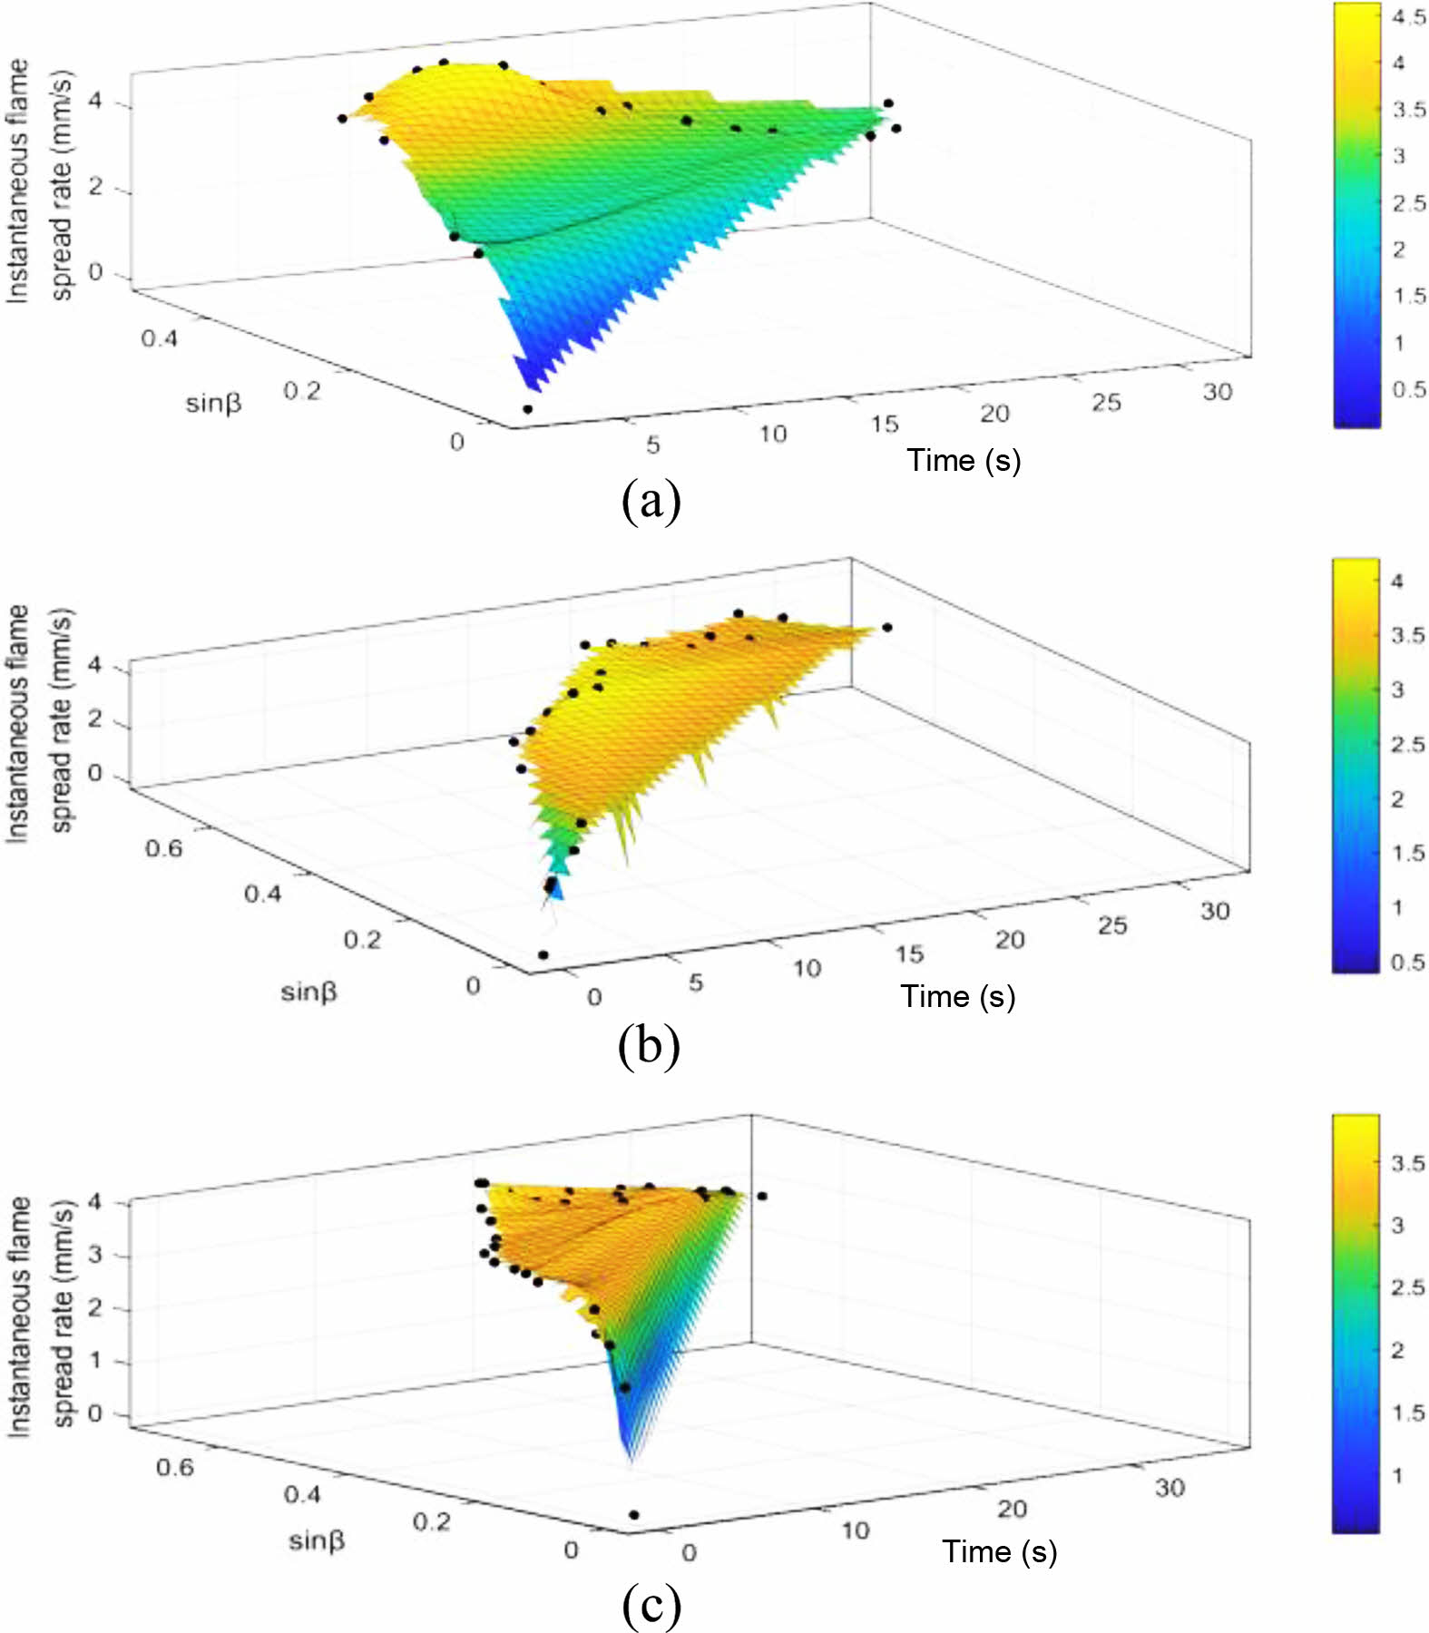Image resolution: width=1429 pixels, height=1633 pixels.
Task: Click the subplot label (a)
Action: (x=651, y=501)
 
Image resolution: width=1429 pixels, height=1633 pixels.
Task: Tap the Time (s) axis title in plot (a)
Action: (x=964, y=461)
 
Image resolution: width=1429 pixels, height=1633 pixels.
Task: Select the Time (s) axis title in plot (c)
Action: (x=999, y=1551)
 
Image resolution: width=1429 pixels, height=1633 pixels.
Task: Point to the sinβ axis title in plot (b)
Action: (x=308, y=992)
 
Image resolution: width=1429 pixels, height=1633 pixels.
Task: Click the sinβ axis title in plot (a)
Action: (x=213, y=403)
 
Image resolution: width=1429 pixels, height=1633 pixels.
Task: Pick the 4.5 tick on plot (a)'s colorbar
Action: (x=1408, y=17)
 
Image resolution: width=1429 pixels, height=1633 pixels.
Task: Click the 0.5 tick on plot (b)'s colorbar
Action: (x=1407, y=962)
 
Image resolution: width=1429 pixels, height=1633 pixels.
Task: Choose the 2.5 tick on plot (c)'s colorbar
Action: (x=1408, y=1287)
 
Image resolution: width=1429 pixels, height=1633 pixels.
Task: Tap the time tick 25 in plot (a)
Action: (x=1105, y=402)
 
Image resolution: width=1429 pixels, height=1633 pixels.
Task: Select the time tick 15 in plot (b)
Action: (x=908, y=954)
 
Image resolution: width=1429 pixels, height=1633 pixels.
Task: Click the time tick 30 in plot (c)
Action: (x=1170, y=1488)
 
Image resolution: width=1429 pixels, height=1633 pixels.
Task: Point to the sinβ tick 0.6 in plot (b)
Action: (x=163, y=848)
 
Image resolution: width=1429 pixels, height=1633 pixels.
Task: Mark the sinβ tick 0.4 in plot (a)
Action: (x=159, y=338)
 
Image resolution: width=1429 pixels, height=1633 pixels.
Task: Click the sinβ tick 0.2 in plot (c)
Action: (x=431, y=1521)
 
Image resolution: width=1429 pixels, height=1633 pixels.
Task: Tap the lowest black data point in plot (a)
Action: (x=528, y=409)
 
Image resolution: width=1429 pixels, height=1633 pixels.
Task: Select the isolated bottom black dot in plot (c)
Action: (x=633, y=1515)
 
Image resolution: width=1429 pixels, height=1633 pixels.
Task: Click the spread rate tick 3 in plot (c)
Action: (x=94, y=1256)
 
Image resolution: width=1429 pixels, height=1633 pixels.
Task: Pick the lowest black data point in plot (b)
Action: (x=543, y=954)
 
